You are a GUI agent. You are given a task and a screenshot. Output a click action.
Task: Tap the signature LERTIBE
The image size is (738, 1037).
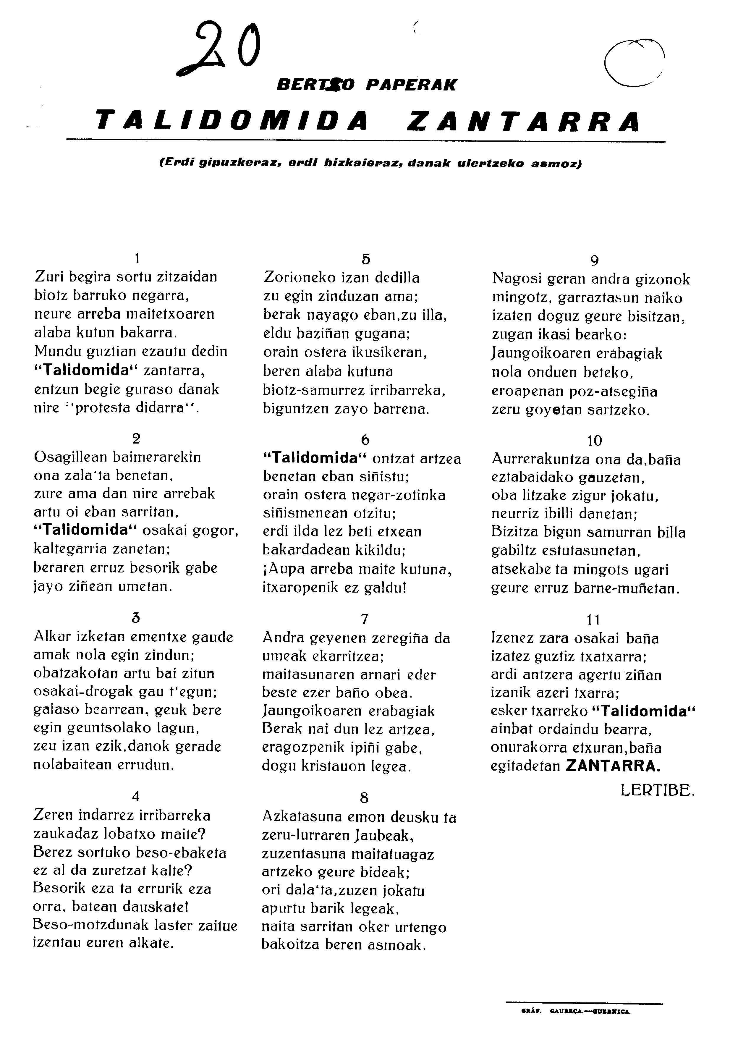point(657,791)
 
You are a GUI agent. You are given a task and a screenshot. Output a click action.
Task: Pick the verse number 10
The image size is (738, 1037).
point(594,440)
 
